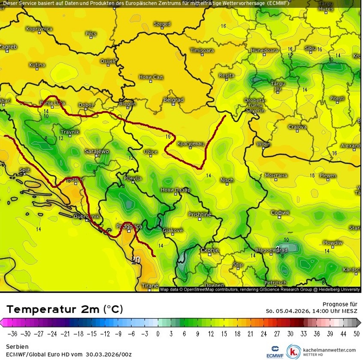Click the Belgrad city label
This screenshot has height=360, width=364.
(x=173, y=100)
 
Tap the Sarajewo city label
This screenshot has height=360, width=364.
(x=97, y=152)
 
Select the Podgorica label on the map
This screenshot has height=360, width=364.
(x=129, y=226)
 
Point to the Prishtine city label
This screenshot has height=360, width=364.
(x=200, y=214)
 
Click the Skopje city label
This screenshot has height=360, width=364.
(x=210, y=250)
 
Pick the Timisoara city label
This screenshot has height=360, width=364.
(x=202, y=51)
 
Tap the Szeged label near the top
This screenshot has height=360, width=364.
(x=162, y=24)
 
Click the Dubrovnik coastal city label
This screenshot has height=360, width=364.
(x=86, y=217)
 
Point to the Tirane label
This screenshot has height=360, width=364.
(x=150, y=286)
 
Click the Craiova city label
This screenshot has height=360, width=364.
(x=297, y=127)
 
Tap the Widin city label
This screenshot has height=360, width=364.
(x=263, y=144)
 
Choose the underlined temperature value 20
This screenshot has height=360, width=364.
(x=136, y=260)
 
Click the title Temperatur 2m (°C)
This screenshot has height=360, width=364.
(x=65, y=309)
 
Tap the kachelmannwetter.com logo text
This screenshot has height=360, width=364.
(x=329, y=350)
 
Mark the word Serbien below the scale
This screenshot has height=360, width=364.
(x=17, y=346)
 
